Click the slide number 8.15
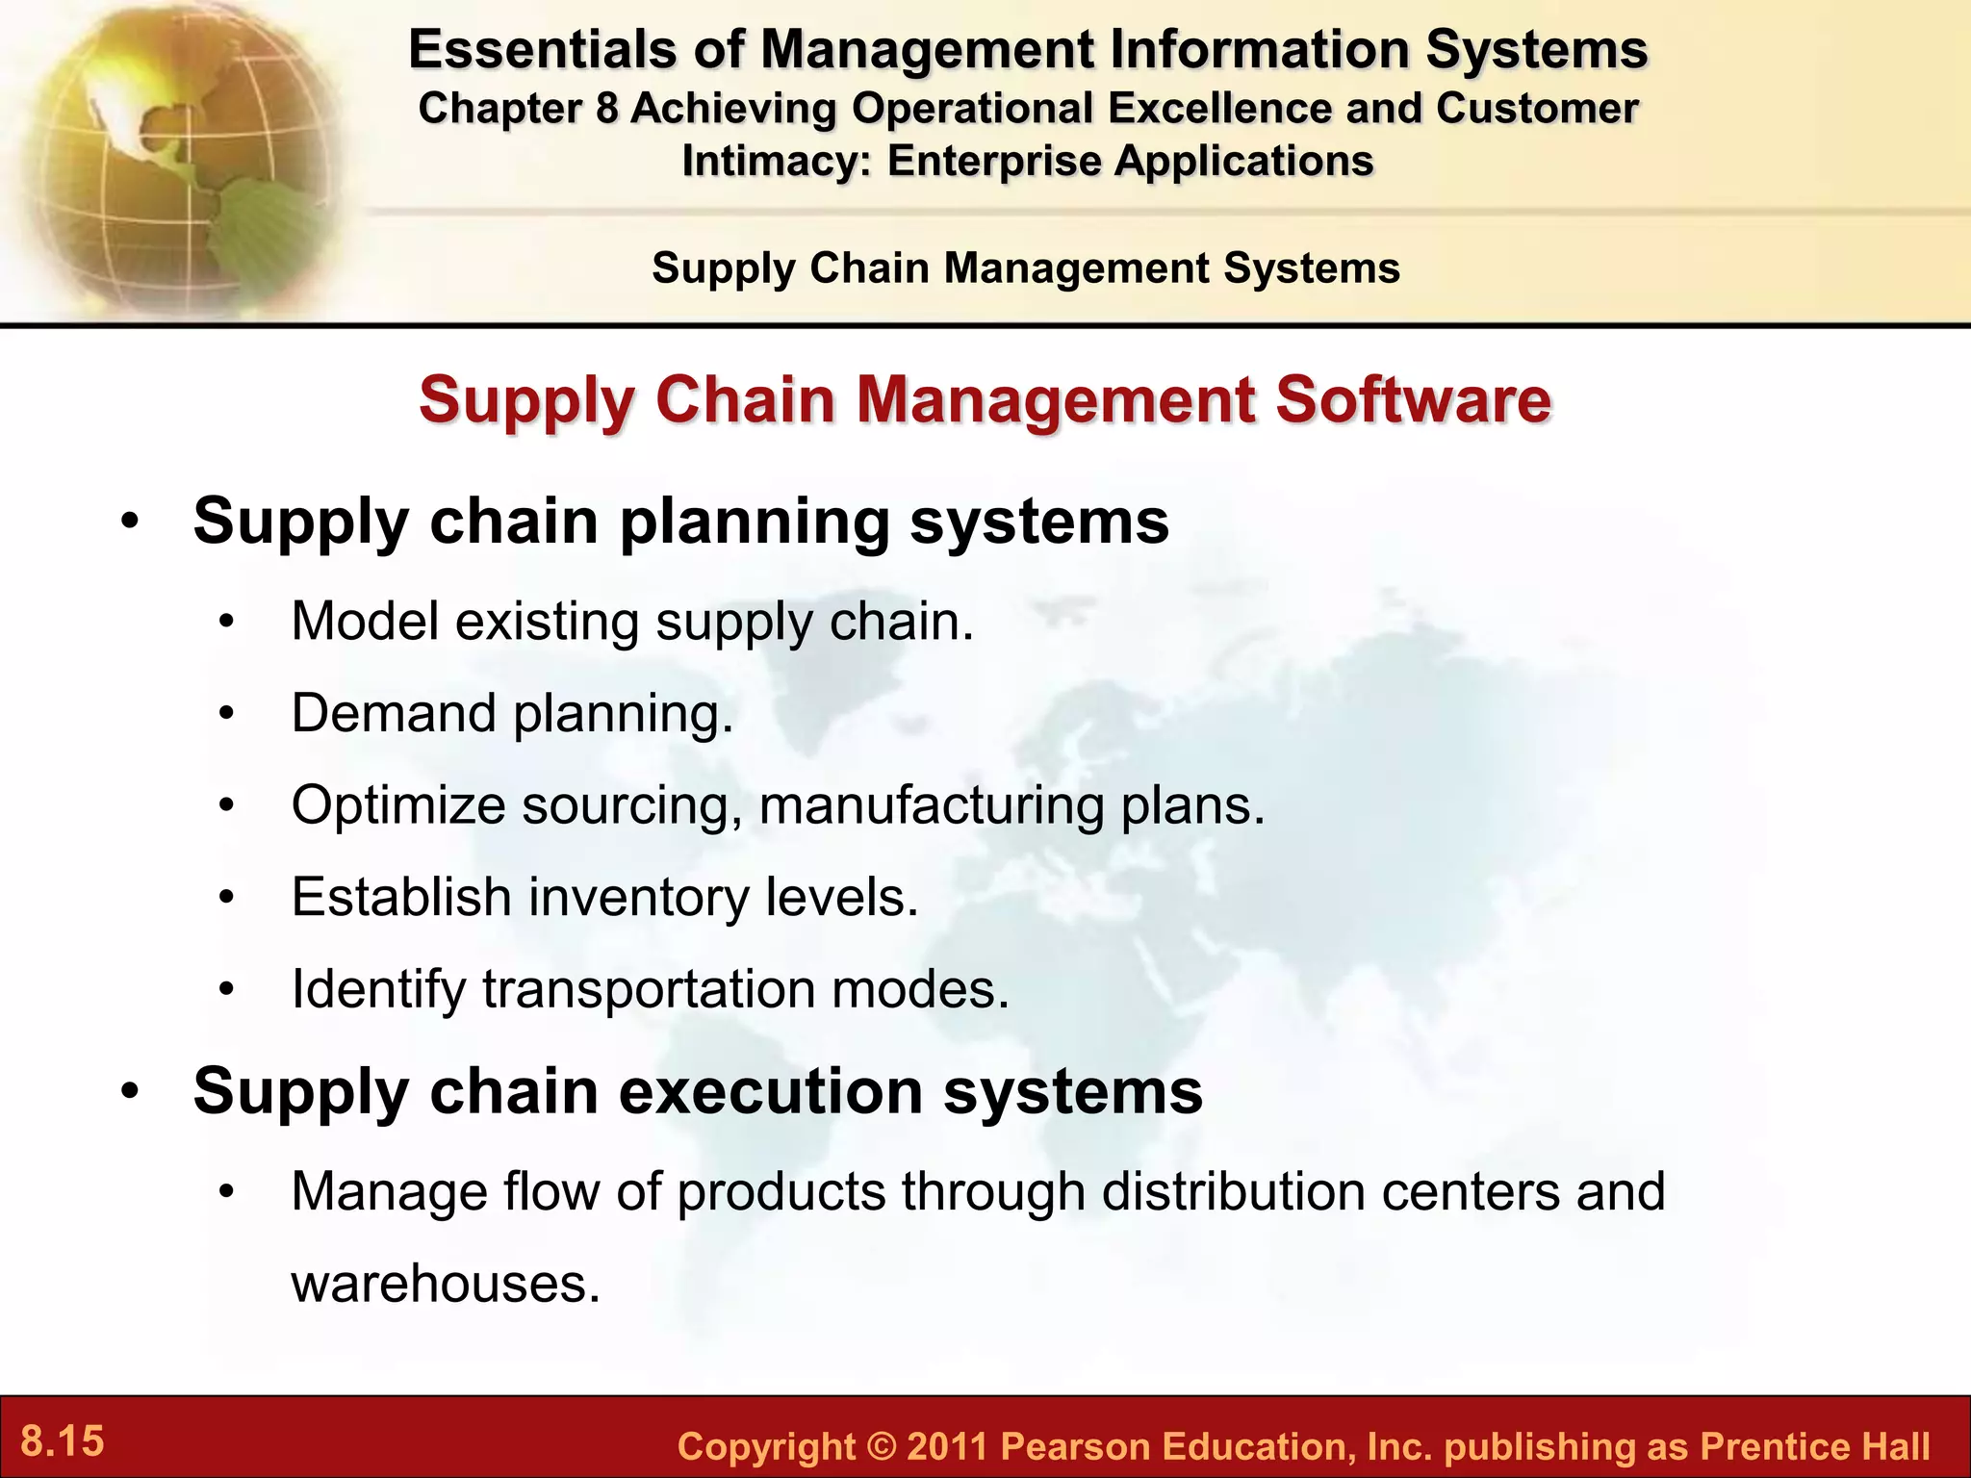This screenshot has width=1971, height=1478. [63, 1441]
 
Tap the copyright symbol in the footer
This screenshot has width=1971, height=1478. [881, 1447]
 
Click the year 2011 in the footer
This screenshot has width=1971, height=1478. [947, 1447]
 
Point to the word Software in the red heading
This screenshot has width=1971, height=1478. [1413, 399]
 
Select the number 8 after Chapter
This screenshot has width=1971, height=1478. [606, 109]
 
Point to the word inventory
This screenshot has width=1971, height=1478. [638, 898]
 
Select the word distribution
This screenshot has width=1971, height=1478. [1233, 1191]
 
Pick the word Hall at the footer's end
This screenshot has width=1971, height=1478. [1895, 1447]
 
